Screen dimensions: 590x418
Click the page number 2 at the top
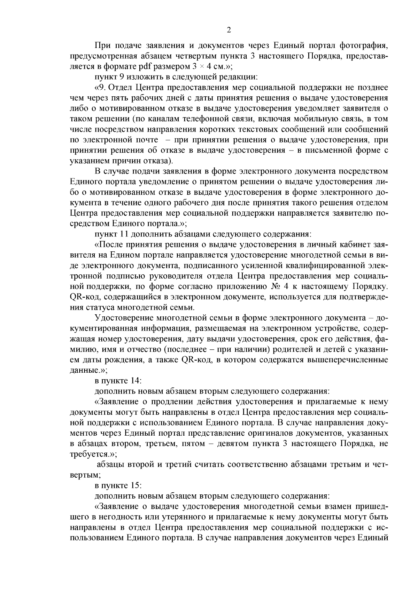(x=229, y=30)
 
